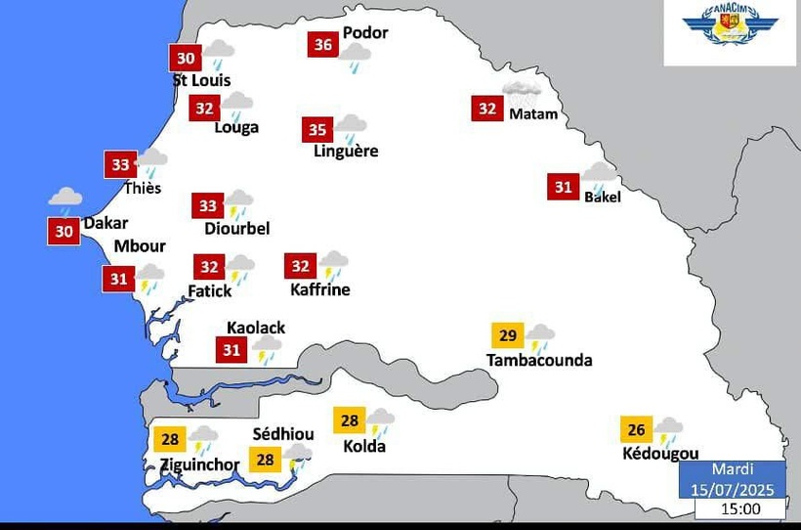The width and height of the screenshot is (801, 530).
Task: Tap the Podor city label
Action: tap(365, 32)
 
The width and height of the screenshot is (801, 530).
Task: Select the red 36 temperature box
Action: tap(322, 45)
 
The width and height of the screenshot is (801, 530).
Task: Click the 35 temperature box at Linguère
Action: tap(316, 130)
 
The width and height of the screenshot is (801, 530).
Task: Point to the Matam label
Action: tap(533, 113)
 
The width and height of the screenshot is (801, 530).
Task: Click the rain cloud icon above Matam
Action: tap(522, 93)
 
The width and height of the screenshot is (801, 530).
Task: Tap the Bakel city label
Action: tap(603, 197)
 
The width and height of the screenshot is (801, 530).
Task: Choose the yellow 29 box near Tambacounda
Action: tap(508, 336)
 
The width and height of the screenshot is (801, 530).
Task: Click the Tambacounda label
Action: tap(539, 360)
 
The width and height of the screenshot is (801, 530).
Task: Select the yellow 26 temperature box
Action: tap(636, 430)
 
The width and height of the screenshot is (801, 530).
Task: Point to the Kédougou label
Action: tap(660, 454)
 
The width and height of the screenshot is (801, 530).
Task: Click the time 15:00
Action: tap(739, 508)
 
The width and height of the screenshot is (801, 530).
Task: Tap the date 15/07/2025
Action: tap(733, 489)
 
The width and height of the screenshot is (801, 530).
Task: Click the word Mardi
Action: tap(733, 470)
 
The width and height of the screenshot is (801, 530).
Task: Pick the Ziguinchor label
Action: tap(199, 464)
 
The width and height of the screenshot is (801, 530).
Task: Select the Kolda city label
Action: tap(364, 447)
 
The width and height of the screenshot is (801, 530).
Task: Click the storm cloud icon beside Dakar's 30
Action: tap(65, 200)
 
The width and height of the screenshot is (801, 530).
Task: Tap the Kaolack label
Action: tap(256, 328)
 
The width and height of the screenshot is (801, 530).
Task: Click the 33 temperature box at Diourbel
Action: tap(208, 206)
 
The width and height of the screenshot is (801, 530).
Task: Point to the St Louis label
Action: tap(202, 80)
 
